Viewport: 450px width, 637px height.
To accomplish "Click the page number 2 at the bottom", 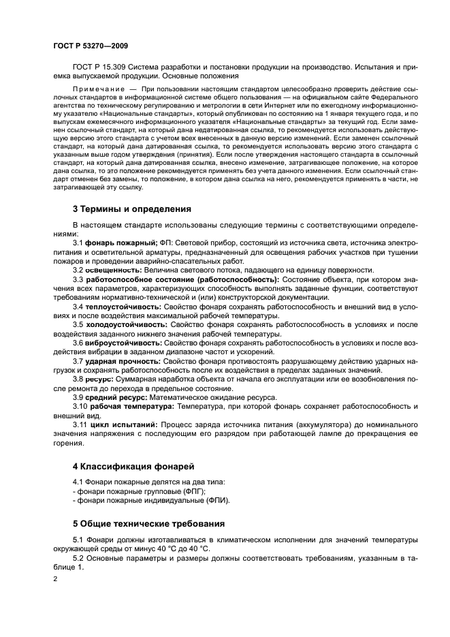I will [55, 578].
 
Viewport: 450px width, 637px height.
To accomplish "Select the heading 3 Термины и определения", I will [131, 208].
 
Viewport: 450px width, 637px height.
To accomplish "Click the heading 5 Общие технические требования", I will [148, 524].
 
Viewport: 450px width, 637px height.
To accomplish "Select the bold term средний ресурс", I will [112, 396].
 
